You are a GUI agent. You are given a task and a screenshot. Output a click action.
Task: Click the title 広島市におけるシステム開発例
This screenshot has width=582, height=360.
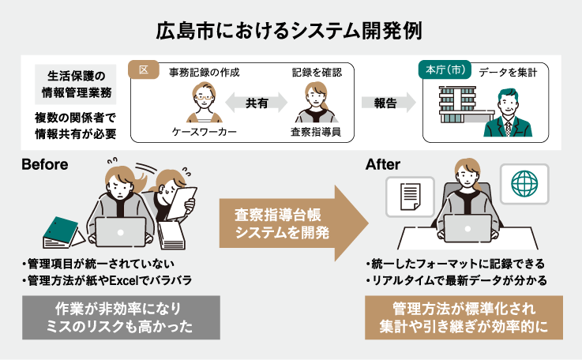point(289,31)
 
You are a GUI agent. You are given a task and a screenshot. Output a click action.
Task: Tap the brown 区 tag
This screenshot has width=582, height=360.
point(144,69)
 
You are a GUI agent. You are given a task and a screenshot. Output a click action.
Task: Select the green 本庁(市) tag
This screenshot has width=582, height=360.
point(445,69)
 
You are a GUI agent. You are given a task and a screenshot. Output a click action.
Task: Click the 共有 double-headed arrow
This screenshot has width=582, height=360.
point(257,103)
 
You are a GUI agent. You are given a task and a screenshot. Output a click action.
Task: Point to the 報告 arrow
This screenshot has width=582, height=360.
point(389,103)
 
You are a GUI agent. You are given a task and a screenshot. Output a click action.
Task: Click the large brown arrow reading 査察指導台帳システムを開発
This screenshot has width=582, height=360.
point(293,223)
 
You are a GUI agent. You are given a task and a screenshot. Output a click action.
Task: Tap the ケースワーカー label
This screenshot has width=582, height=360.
point(205,132)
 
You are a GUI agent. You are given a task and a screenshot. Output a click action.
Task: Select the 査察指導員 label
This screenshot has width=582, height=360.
point(316,132)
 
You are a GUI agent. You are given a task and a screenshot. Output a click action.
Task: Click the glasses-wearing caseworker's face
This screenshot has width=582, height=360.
point(204,96)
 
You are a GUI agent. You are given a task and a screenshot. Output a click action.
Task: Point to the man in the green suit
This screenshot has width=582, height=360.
point(508,113)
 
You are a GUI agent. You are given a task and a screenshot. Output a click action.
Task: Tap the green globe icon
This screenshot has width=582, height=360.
point(524,184)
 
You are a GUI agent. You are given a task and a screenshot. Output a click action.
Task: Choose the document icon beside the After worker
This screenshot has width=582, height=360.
point(411,197)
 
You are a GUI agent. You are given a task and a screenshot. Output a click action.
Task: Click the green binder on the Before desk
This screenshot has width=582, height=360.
point(61,231)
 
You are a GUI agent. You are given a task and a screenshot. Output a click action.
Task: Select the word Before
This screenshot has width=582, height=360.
point(45,164)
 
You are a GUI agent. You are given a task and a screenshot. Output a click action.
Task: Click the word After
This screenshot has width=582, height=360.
point(383,164)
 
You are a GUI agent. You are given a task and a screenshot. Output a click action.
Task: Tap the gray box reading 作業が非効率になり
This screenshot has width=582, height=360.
point(121,317)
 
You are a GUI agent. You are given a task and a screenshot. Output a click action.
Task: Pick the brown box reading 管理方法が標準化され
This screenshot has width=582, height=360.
point(464,317)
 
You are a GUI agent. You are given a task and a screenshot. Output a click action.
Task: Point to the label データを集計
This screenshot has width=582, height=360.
point(508,73)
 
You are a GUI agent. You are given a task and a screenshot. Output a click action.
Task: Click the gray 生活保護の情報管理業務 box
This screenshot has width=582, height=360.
point(76,84)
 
